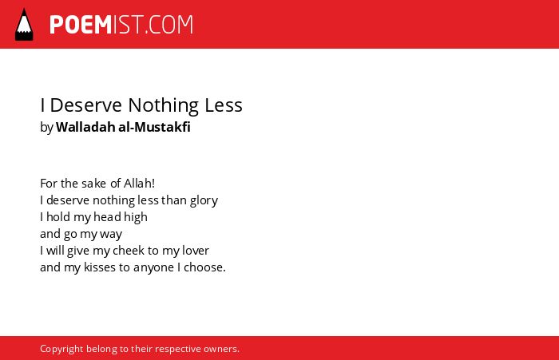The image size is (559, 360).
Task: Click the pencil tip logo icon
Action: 24,24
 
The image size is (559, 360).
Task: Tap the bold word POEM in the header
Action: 81,25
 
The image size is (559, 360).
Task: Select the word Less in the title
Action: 224,105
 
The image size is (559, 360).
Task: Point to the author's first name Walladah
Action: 85,127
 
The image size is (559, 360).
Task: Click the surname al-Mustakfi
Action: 154,127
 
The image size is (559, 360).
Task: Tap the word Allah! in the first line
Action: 139,184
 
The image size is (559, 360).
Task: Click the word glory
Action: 204,200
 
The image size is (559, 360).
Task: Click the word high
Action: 136,217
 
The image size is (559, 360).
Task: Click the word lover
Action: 196,250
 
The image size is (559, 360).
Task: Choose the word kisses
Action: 100,267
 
